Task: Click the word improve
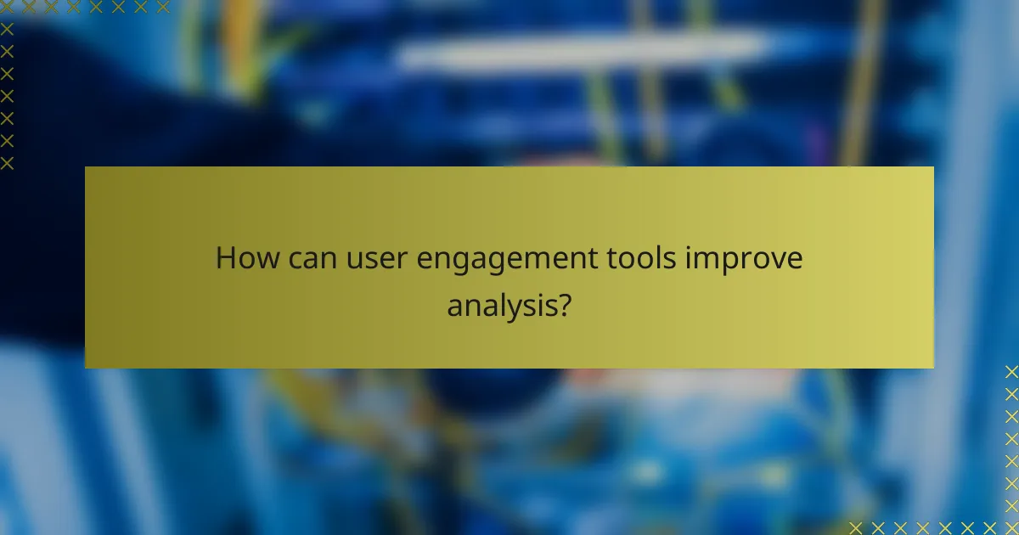pyautogui.click(x=740, y=260)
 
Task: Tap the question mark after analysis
pyautogui.click(x=562, y=303)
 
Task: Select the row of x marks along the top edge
pyautogui.click(x=85, y=8)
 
